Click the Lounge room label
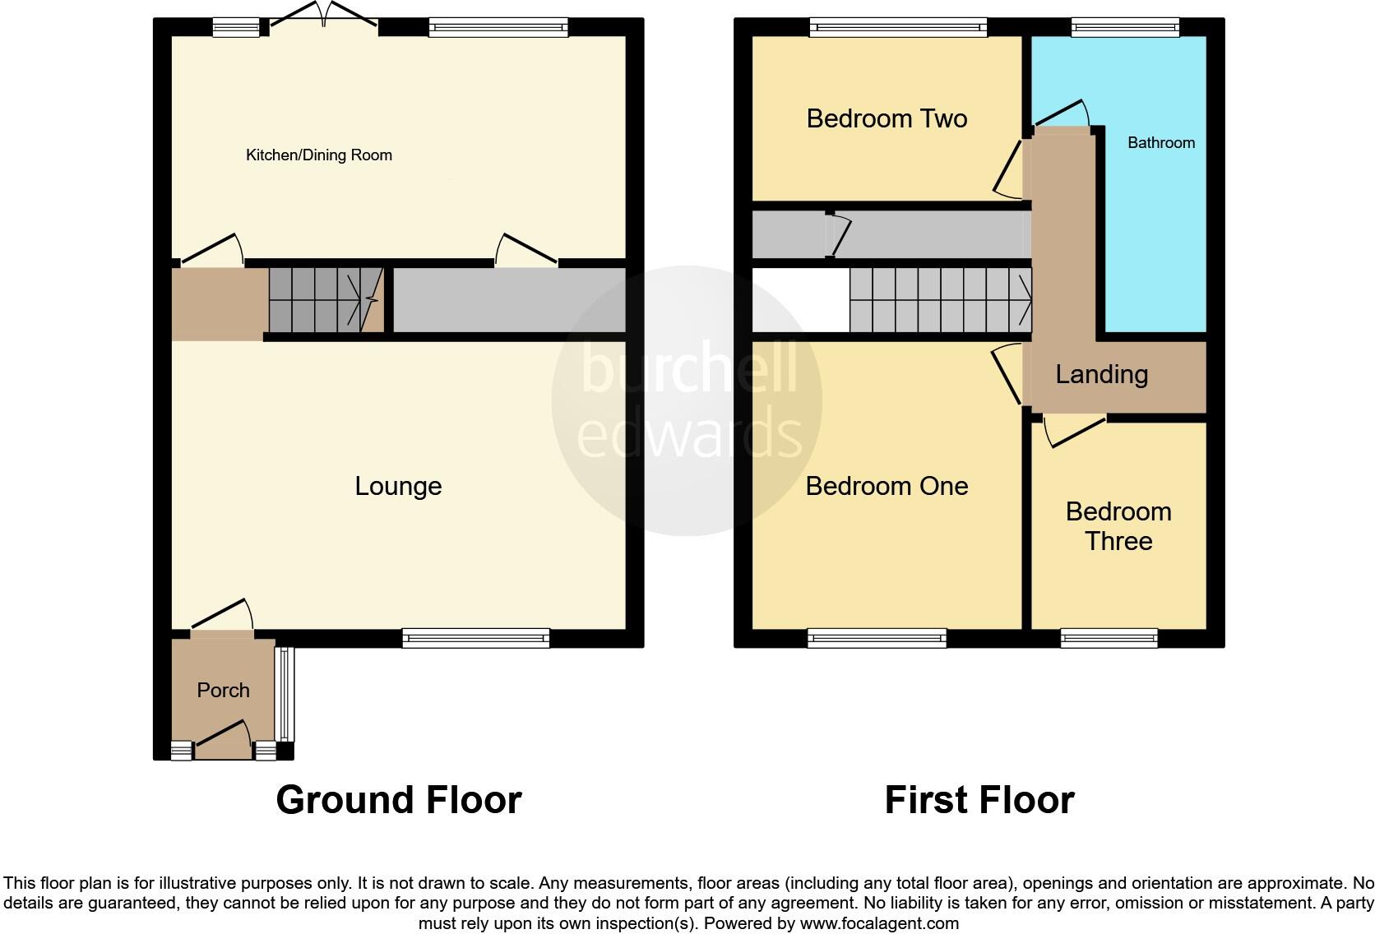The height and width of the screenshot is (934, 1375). click(x=398, y=486)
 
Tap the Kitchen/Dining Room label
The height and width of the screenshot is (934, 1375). click(x=319, y=155)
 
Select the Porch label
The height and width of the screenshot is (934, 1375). click(x=223, y=690)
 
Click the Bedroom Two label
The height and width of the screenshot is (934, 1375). click(x=887, y=118)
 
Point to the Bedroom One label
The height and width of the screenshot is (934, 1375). click(x=887, y=486)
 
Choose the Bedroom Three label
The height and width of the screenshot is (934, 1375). click(x=1118, y=526)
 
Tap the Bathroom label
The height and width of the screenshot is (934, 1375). click(x=1160, y=142)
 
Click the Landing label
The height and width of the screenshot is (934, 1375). click(x=1101, y=374)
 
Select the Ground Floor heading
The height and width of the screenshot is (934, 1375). click(x=399, y=799)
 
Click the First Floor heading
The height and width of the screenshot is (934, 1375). click(x=979, y=799)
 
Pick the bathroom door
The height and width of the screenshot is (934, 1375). click(x=1062, y=116)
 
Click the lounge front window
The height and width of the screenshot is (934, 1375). click(x=475, y=637)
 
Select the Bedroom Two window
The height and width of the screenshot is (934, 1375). click(x=898, y=28)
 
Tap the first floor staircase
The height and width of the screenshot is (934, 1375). click(x=940, y=300)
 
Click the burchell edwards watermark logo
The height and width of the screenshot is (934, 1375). click(x=687, y=400)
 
